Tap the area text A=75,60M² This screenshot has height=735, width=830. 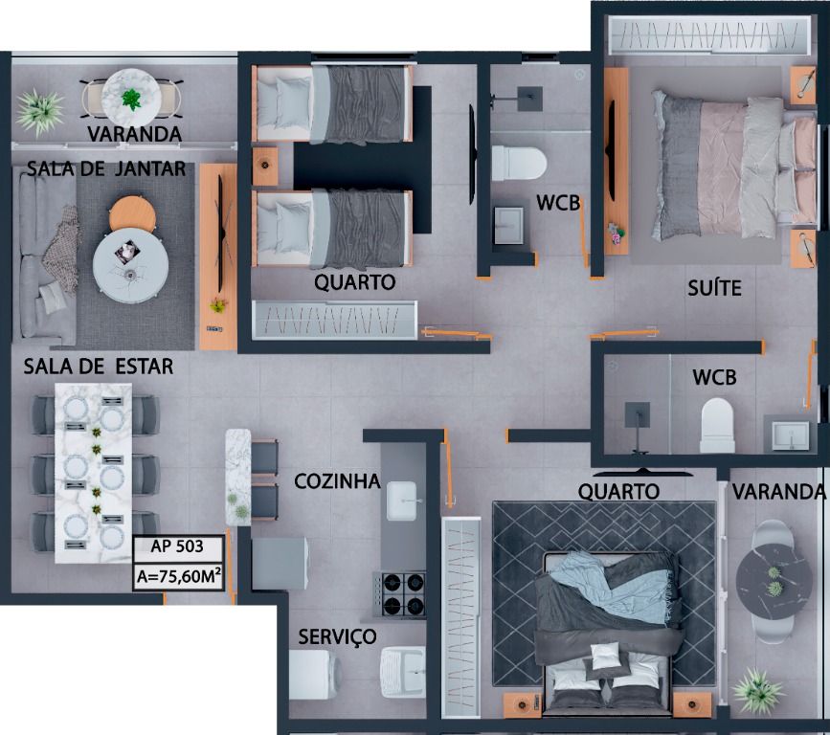178,576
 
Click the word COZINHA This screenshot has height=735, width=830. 337,481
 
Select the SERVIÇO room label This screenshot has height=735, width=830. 337,636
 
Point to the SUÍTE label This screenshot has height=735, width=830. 714,288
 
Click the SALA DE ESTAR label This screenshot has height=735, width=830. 99,367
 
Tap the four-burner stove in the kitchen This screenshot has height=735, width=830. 400,593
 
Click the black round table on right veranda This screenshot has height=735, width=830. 774,581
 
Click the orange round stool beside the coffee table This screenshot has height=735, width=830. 132,212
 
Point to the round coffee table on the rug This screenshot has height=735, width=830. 131,265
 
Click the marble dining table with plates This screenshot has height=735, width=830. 94,473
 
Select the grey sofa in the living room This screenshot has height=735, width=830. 47,257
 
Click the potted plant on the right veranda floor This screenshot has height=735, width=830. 758,691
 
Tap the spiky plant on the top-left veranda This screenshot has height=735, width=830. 39,112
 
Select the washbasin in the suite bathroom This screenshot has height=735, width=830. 791,435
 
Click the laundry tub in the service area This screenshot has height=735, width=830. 403,672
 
